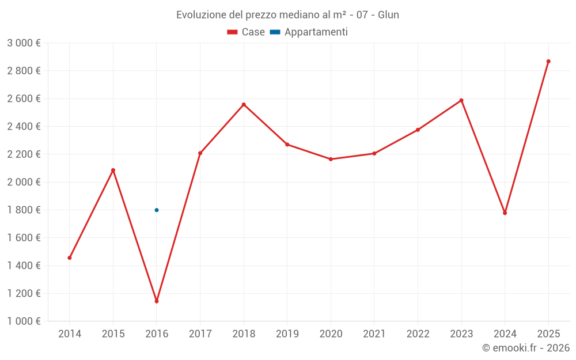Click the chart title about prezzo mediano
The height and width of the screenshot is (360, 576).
coord(287,14)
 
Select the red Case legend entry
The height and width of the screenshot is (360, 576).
coord(246,32)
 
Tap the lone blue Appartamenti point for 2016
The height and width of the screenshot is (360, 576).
coord(157,210)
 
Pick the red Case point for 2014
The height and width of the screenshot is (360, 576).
coord(70,258)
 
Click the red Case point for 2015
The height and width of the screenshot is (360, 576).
coord(113,170)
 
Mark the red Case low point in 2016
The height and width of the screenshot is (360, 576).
coord(157,301)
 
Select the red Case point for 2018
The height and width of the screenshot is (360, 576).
coord(244,105)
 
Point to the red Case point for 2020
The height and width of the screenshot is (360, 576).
coord(331,159)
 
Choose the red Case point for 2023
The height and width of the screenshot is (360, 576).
coord(461,100)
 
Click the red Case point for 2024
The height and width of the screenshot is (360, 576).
coord(505,213)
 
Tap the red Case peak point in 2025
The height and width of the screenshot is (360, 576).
coord(548,61)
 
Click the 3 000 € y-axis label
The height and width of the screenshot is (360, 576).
coord(24,43)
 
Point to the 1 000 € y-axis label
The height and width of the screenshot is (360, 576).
coord(24,321)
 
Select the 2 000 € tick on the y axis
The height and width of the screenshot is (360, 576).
coord(24,182)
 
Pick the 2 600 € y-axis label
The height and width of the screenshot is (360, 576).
coord(24,98)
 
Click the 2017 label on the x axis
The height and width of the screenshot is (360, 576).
coord(200,334)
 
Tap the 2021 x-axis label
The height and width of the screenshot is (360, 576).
coord(374,334)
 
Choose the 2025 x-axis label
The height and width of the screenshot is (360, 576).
coord(548,334)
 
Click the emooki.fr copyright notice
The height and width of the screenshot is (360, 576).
coord(525,348)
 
